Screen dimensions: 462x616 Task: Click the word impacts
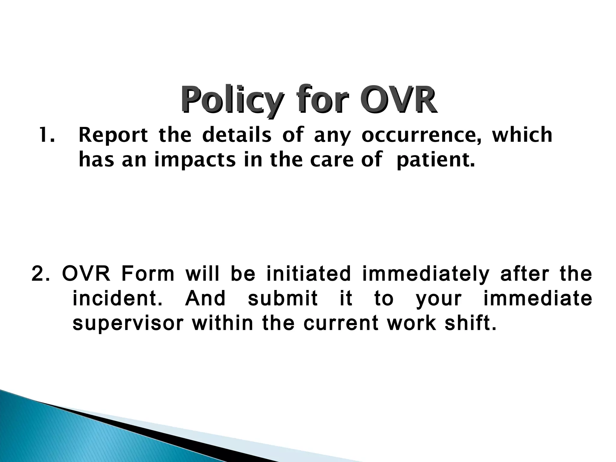point(195,160)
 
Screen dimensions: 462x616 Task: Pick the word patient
point(436,160)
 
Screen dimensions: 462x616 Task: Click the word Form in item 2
point(148,274)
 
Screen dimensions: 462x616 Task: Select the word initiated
point(309,274)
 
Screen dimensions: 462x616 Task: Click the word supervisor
point(128,324)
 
